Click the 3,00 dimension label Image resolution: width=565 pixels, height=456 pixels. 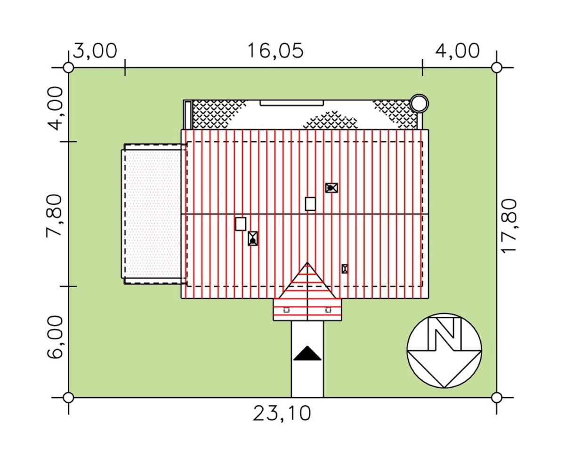click(x=95, y=51)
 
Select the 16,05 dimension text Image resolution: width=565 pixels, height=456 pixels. click(x=275, y=51)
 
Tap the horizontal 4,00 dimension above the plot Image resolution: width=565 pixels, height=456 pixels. click(x=457, y=51)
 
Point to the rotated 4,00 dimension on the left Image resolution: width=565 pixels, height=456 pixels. click(x=55, y=109)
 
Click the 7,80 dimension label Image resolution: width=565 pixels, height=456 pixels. click(x=54, y=215)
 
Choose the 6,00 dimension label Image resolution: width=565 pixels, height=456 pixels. click(x=55, y=336)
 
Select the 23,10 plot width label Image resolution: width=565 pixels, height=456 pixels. click(x=282, y=413)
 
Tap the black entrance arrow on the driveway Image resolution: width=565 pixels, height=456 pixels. click(x=307, y=353)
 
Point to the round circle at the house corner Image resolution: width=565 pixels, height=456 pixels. click(x=419, y=104)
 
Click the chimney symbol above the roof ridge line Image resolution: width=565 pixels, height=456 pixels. click(x=331, y=188)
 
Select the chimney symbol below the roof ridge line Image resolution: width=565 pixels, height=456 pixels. click(x=253, y=238)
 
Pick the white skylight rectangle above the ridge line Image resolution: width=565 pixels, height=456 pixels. click(x=310, y=204)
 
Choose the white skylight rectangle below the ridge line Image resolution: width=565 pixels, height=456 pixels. click(x=241, y=224)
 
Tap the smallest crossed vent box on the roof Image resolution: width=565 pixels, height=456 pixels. click(x=344, y=269)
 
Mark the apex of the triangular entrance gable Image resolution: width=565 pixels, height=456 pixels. click(x=307, y=263)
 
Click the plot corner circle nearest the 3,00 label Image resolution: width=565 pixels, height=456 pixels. click(x=68, y=68)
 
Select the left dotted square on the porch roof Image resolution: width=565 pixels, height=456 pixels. click(x=286, y=310)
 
